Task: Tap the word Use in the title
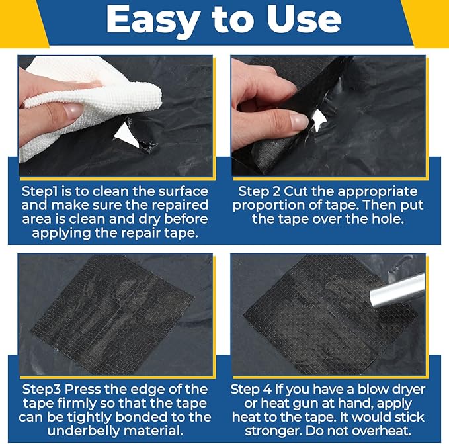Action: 304,19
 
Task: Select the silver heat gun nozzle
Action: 397,290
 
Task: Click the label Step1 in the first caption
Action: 40,192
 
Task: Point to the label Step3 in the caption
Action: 42,390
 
